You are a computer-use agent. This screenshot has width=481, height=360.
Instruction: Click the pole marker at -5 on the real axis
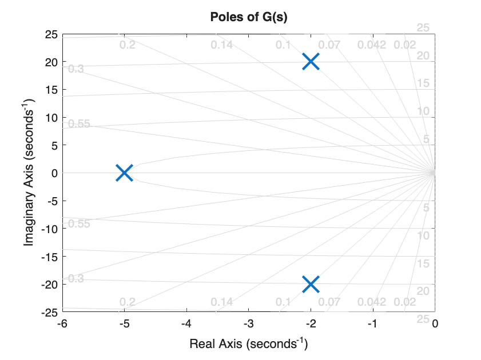point(124,173)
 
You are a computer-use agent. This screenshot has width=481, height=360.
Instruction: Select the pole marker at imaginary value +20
point(311,62)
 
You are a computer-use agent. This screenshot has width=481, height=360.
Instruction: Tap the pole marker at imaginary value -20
point(311,283)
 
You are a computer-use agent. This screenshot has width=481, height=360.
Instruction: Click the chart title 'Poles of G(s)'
point(248,17)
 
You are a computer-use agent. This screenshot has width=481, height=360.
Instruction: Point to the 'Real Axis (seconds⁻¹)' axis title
point(249,344)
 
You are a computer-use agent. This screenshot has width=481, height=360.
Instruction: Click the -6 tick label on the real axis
point(62,324)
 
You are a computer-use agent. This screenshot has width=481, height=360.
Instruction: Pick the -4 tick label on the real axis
point(186,324)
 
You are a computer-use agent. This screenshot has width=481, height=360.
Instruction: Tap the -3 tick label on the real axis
point(248,324)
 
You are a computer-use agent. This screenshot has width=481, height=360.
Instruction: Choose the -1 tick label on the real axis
point(372,324)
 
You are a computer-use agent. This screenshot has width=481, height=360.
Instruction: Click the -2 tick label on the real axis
point(311,324)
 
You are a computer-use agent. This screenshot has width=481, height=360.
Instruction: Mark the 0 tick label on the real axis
point(435,324)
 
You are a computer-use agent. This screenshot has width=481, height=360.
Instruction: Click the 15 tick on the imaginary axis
point(50,90)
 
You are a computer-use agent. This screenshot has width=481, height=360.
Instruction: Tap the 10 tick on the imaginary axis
point(50,117)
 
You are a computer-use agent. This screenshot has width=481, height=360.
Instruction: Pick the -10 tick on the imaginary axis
point(49,228)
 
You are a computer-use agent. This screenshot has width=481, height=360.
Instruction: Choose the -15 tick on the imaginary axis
point(49,256)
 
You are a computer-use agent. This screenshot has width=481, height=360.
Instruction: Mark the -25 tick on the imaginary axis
point(49,311)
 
